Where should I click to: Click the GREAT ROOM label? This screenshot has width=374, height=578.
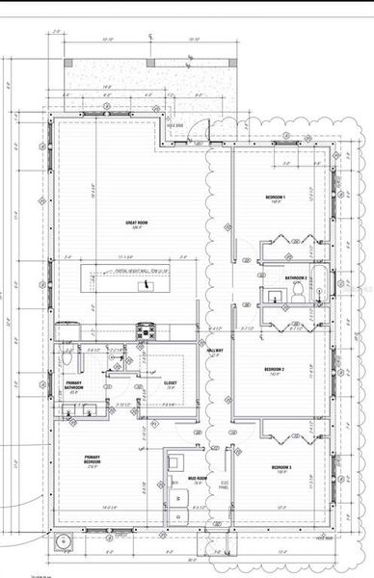136,224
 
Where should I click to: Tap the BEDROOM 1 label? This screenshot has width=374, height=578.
278,198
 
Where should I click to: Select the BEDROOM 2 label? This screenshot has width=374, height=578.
279,370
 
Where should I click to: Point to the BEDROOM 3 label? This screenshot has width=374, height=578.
278,469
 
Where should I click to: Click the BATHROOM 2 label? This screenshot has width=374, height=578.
297,278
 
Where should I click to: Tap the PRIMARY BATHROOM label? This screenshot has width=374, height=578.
73,386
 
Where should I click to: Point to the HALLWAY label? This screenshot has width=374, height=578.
216,352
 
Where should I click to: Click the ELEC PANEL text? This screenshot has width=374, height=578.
225,485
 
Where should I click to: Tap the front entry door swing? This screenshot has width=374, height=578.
198,130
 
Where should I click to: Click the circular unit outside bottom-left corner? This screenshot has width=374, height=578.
65,542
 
